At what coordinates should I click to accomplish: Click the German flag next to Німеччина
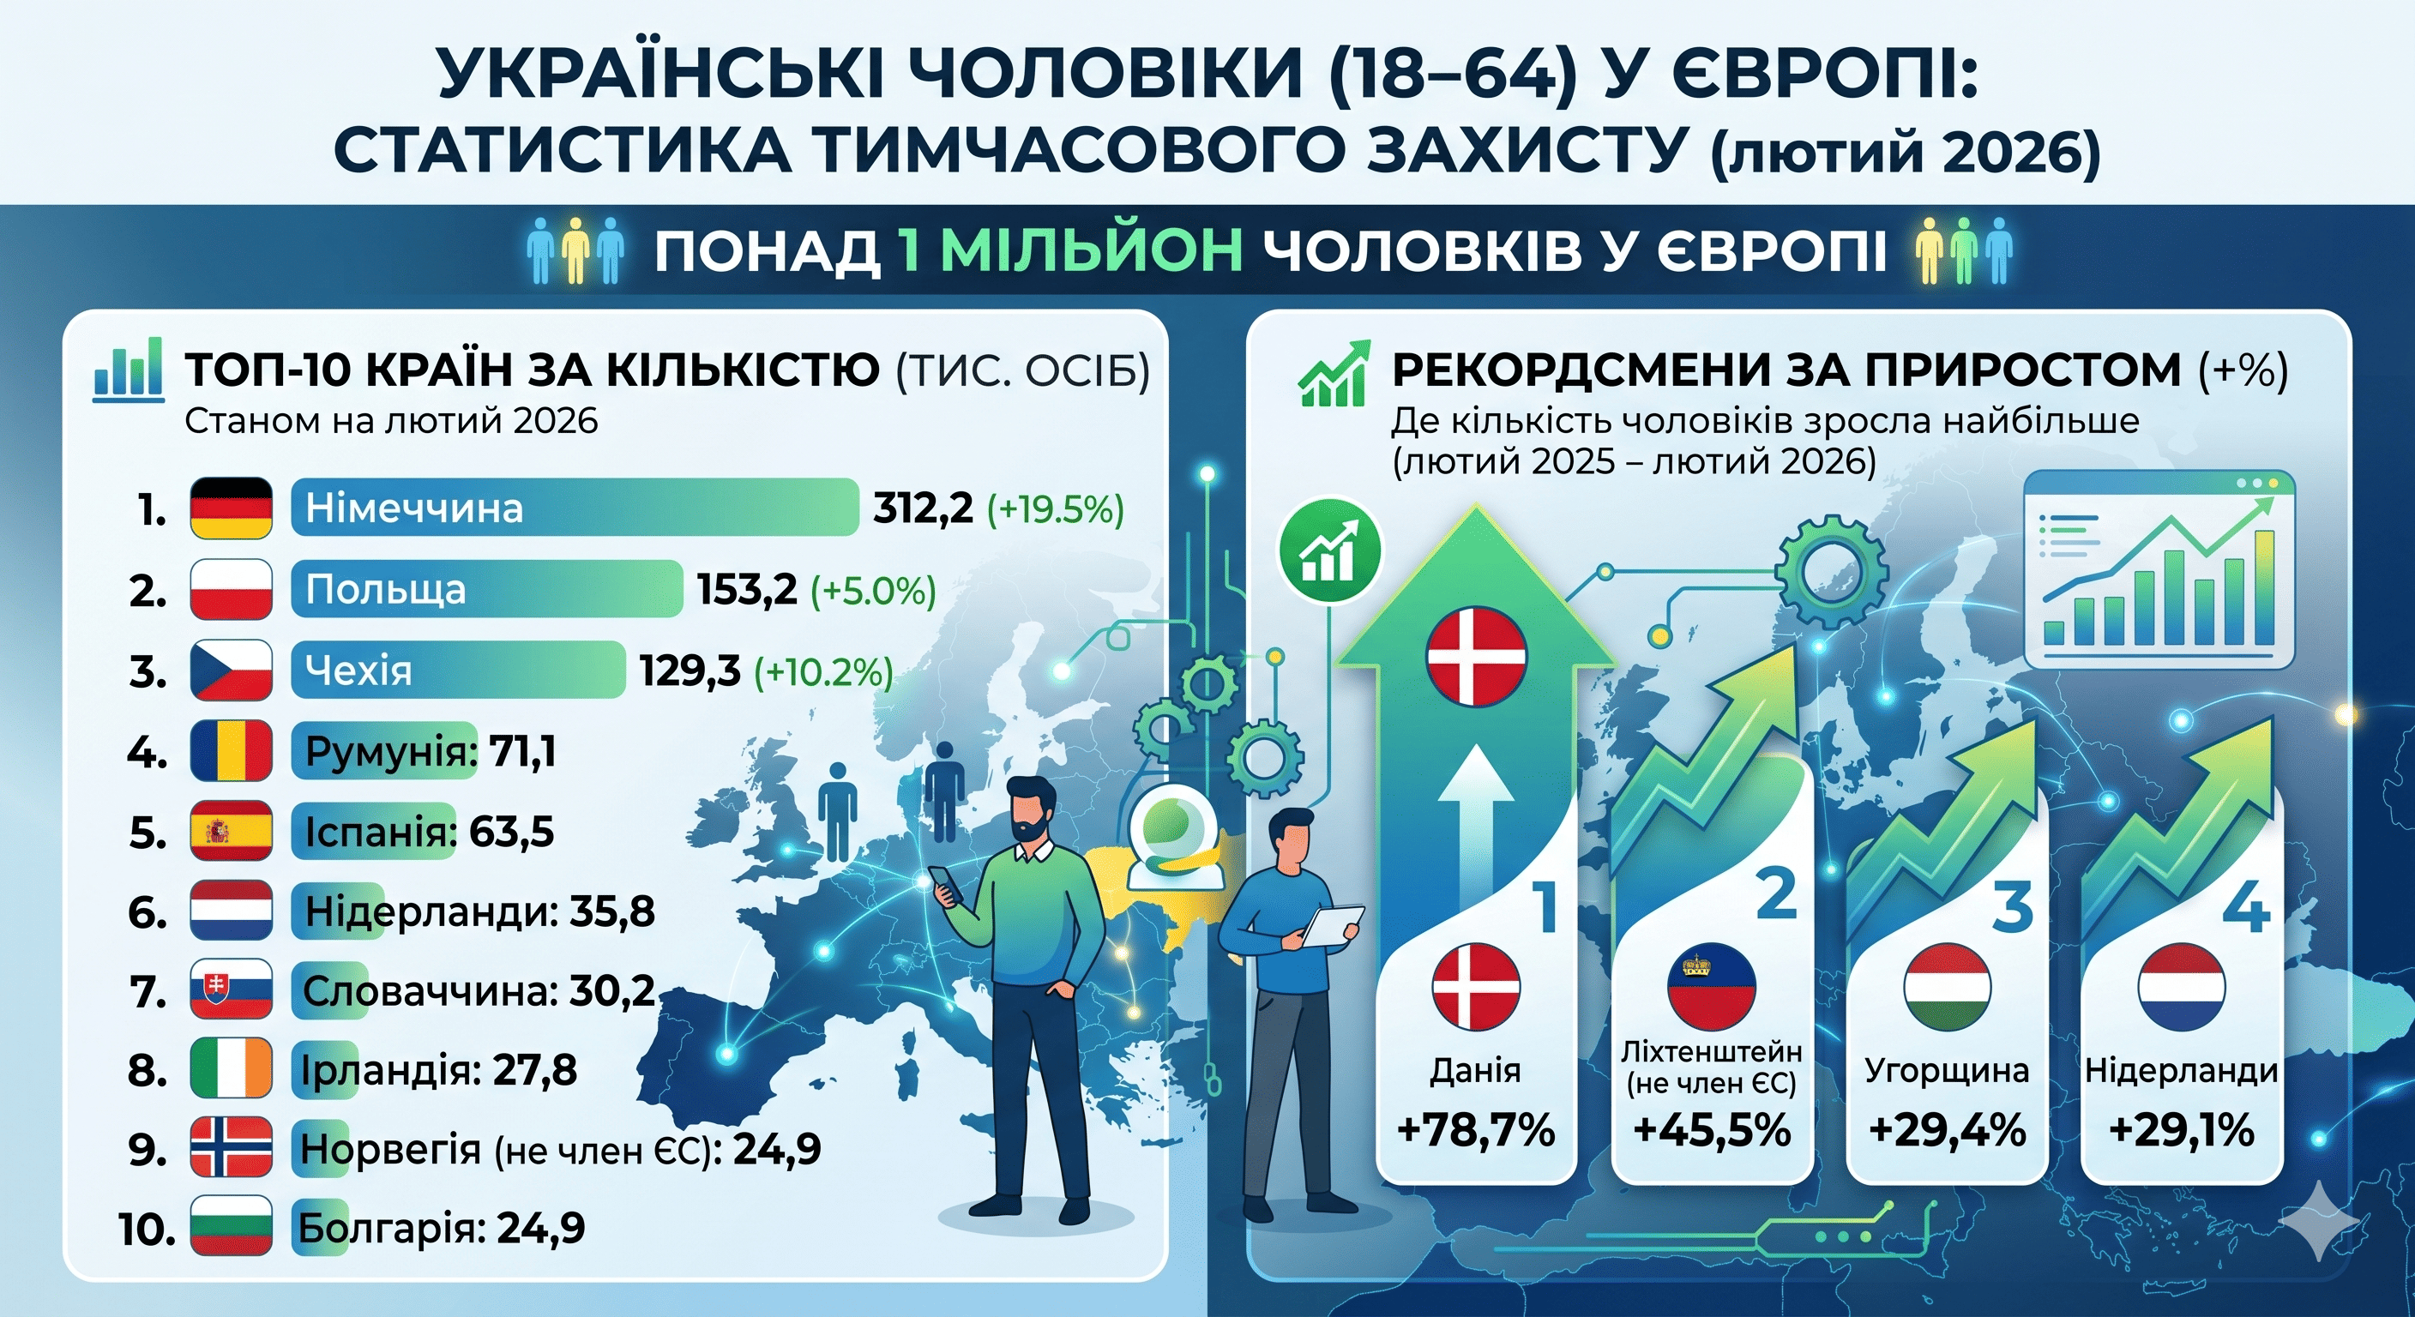(231, 508)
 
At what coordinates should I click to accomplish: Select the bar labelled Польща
(486, 589)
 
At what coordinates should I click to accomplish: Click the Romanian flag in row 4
(231, 751)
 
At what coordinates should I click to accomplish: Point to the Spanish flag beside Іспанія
(231, 832)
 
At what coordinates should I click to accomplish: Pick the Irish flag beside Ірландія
(231, 1068)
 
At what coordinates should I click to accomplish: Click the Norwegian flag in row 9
(231, 1147)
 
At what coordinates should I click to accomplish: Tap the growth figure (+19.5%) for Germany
(1055, 510)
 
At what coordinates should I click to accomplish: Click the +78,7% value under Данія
(1476, 1129)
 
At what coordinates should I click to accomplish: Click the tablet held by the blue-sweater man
(1332, 925)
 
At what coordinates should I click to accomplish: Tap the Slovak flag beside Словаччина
(231, 989)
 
